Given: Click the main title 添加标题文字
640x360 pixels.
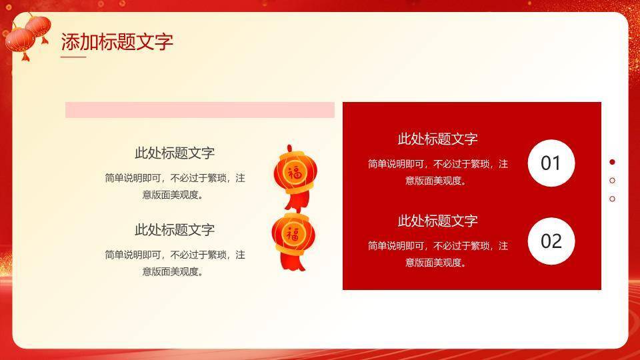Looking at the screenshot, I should pos(117,42).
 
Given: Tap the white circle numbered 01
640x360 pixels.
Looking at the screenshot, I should pos(551,163).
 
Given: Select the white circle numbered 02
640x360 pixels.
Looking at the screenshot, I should pos(551,241).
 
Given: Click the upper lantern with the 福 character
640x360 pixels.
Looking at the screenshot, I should pos(293,171).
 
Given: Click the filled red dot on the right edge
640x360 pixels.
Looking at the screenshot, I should pos(613,162).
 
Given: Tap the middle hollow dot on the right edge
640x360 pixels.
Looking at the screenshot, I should pos(613,180).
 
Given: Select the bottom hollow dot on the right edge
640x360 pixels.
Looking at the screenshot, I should pos(613,198).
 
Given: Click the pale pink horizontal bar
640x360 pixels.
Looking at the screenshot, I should pos(199,110).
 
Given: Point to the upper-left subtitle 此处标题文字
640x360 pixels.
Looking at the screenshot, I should pos(175,153).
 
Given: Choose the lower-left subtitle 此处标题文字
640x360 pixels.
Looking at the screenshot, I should pos(175,230).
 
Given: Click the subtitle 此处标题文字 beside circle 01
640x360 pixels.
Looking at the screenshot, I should pos(437,139).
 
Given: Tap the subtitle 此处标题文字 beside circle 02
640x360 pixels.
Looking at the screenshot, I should pos(437,221).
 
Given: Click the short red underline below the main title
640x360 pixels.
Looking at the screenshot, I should pos(73,57).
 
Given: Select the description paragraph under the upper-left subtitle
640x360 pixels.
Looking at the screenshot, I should pos(175,187).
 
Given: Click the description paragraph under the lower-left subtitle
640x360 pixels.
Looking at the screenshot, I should pos(175,263).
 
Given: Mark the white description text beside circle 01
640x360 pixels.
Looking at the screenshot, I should pos(437,171).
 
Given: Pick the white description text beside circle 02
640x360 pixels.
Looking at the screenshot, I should pos(437,254).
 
